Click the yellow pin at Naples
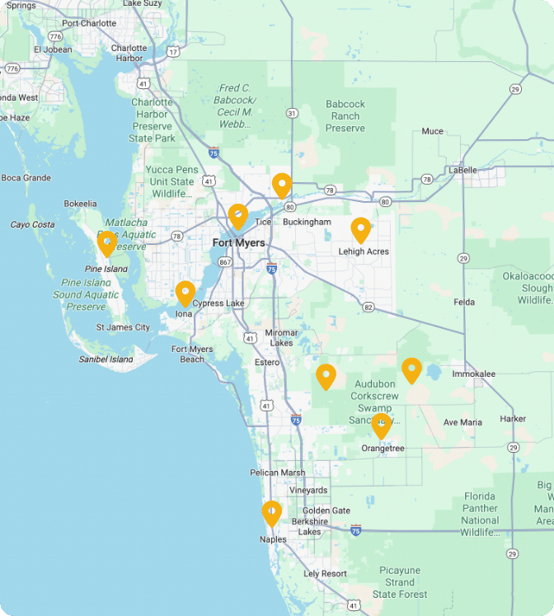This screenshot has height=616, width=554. click(x=272, y=513)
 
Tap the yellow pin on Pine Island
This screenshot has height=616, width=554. click(x=106, y=243)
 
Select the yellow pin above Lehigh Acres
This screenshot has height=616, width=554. click(x=360, y=229)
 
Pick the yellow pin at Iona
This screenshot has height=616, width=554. click(x=185, y=293)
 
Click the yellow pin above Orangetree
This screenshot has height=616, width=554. click(x=381, y=426)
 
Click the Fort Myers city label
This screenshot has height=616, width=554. click(x=238, y=243)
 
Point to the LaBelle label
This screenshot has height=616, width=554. click(x=462, y=170)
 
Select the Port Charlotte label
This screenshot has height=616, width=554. click(x=89, y=23)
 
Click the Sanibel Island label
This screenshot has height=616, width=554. click(x=106, y=360)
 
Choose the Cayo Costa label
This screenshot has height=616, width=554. click(x=32, y=224)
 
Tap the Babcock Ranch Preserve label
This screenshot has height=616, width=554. click(x=345, y=116)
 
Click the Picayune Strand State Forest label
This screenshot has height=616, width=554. click(x=400, y=582)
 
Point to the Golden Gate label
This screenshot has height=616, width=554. click(x=329, y=510)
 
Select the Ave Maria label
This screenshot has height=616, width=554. click(x=462, y=422)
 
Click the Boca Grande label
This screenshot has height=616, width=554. click(x=26, y=177)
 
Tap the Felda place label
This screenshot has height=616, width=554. click(x=464, y=303)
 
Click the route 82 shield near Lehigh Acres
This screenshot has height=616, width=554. click(x=368, y=307)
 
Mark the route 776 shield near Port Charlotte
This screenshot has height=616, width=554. click(x=55, y=36)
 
